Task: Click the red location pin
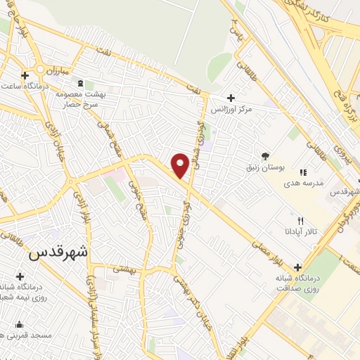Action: pos(181,165)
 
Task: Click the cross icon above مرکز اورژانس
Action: pos(231,98)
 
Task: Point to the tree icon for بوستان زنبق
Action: pos(265,156)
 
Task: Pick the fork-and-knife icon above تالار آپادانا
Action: pos(302,221)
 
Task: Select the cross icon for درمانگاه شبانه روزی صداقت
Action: pos(298,267)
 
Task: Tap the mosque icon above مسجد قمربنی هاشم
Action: pos(19,324)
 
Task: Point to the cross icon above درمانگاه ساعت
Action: pos(25,75)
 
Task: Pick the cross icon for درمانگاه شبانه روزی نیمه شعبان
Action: pos(20,276)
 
